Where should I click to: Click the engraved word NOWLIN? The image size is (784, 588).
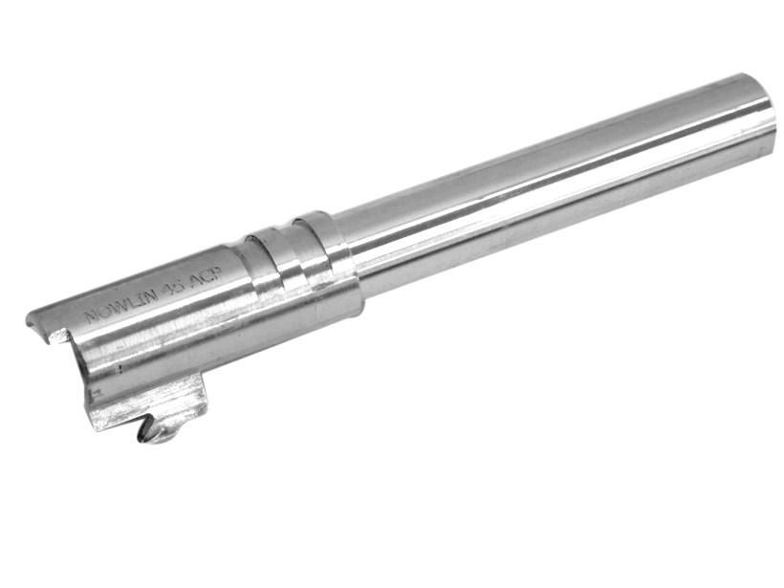121,304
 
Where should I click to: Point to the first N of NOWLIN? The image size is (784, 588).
92,317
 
